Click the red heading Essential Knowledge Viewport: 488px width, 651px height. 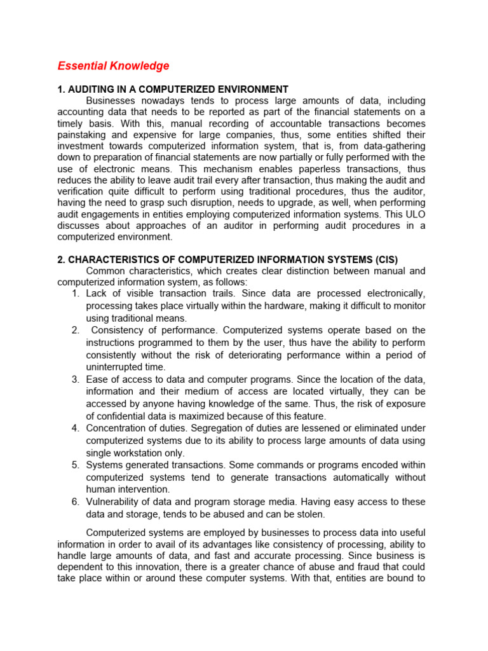pos(113,66)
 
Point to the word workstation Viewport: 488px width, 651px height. pos(146,453)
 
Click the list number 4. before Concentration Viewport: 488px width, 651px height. pos(75,428)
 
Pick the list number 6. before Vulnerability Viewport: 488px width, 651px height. pos(75,502)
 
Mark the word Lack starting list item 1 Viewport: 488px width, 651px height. pos(97,294)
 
